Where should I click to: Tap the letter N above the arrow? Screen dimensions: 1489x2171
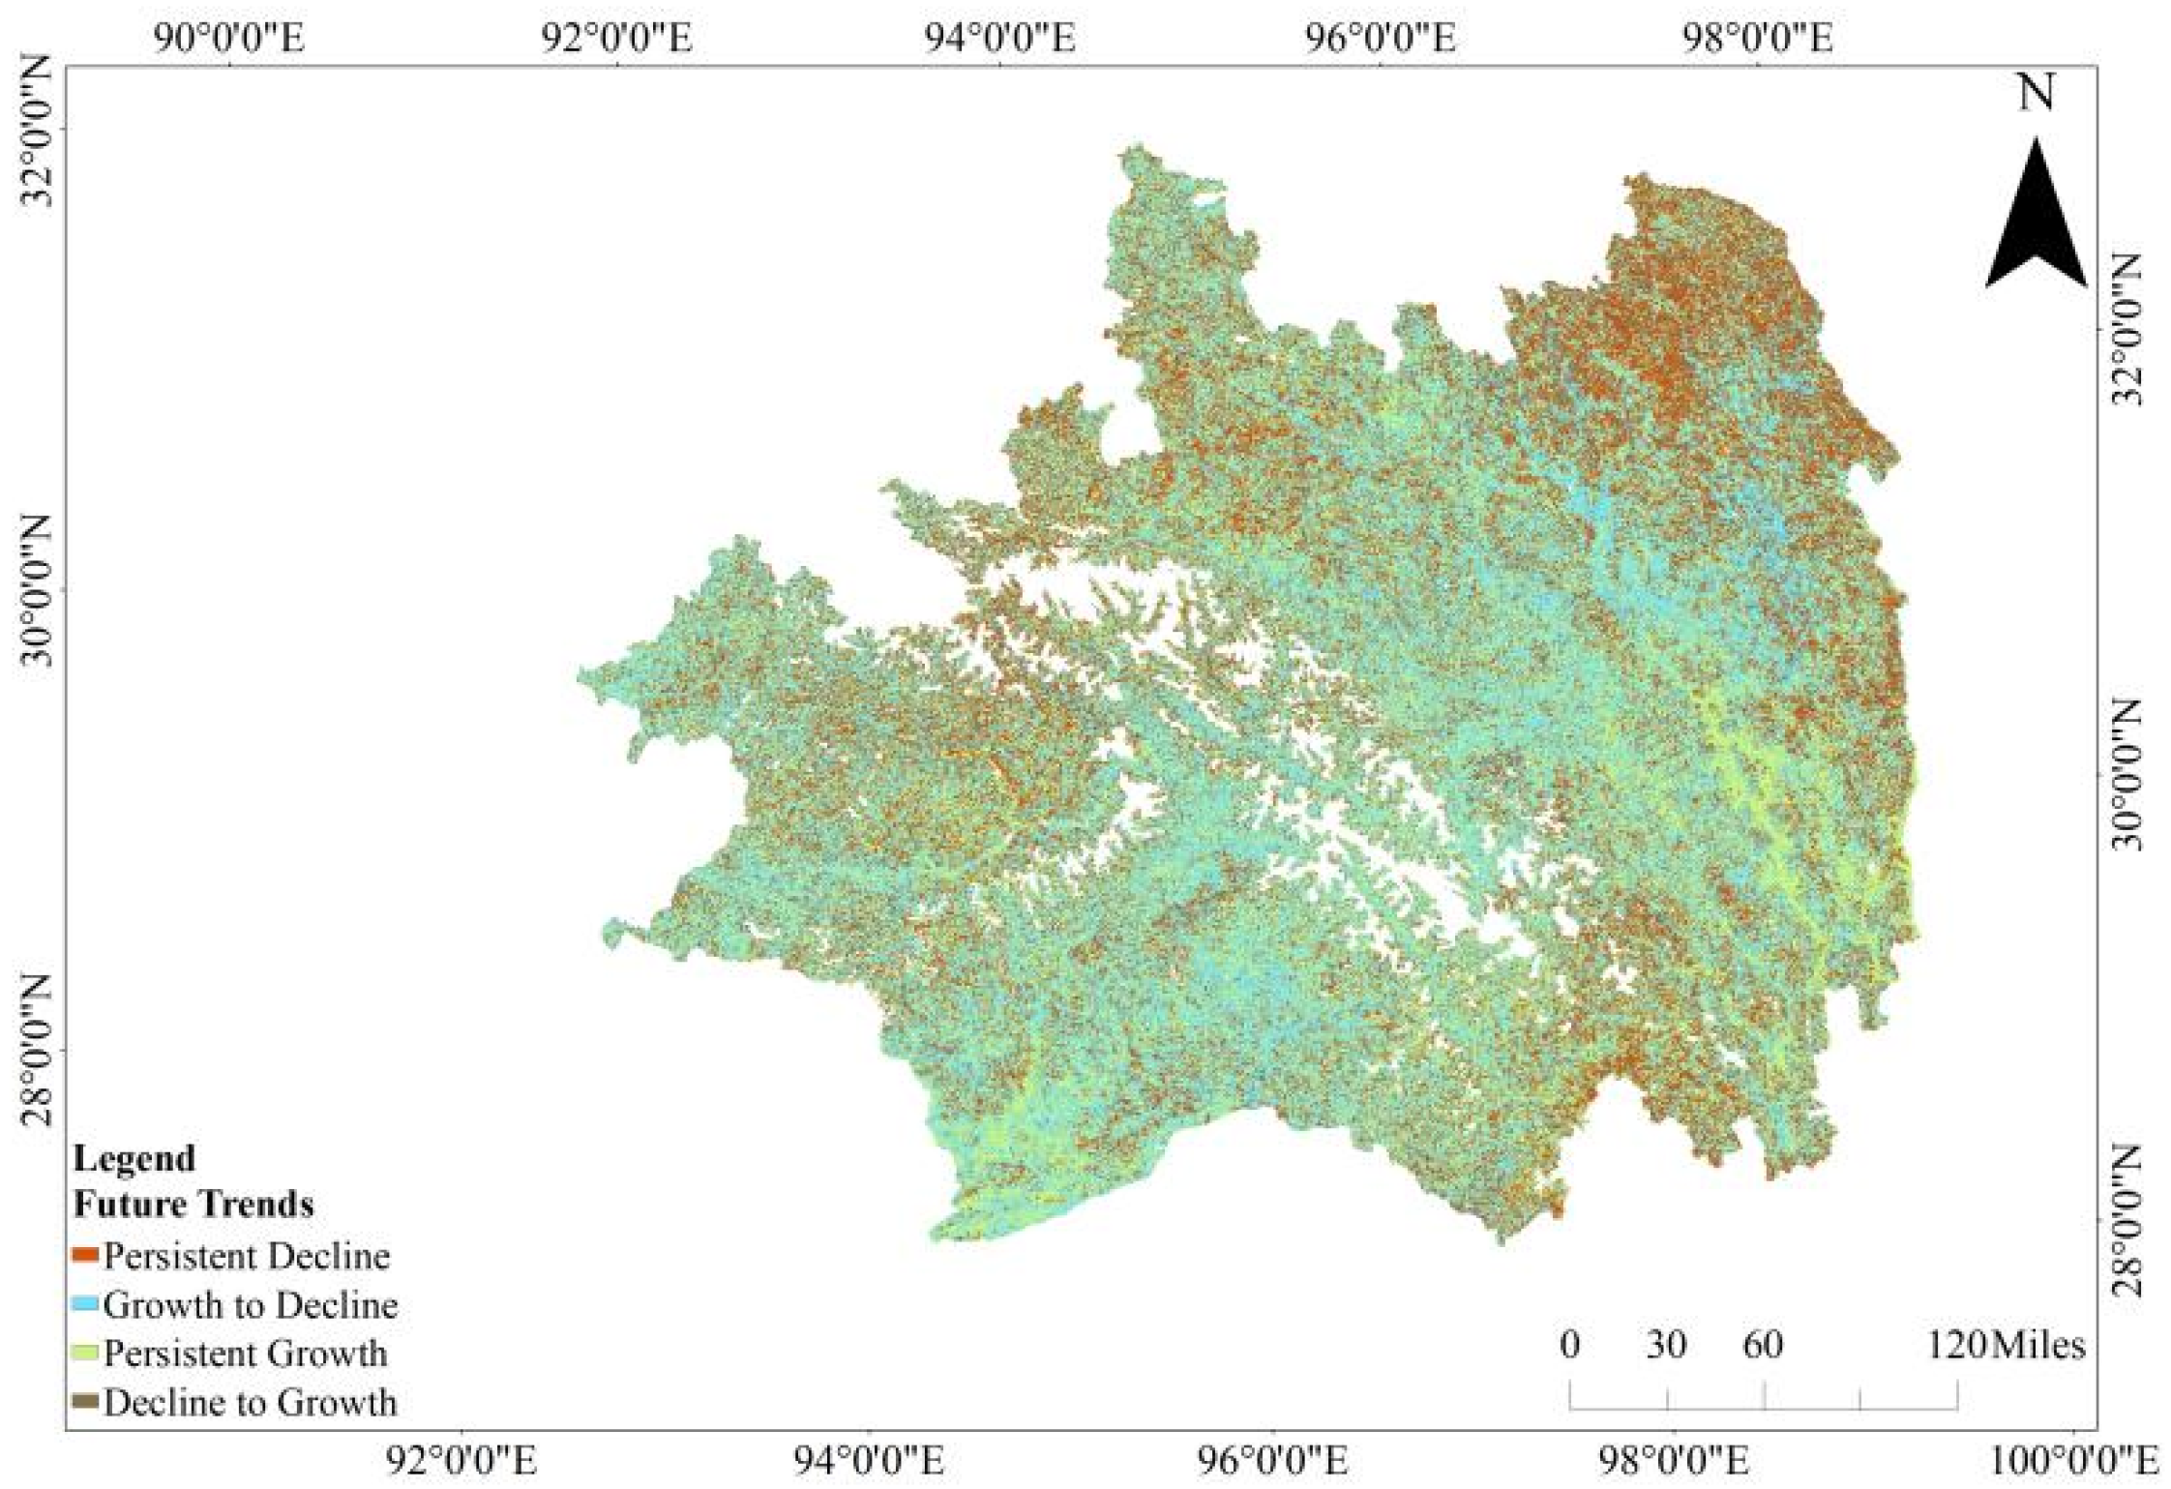2036,94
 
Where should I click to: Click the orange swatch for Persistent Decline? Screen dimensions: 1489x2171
86,1256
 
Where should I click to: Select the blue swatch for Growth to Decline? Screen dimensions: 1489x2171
86,1304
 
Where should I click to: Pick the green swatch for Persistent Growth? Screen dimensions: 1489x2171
86,1353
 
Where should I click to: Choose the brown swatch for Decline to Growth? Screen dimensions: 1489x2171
86,1401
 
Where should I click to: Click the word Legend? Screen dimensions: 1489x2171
134,1158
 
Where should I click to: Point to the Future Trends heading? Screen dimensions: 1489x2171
193,1205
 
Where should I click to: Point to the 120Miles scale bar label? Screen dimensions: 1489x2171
2006,1346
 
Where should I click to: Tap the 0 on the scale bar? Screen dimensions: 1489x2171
1570,1346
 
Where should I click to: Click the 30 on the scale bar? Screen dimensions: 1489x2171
1666,1346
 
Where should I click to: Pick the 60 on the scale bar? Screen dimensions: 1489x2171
1763,1346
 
